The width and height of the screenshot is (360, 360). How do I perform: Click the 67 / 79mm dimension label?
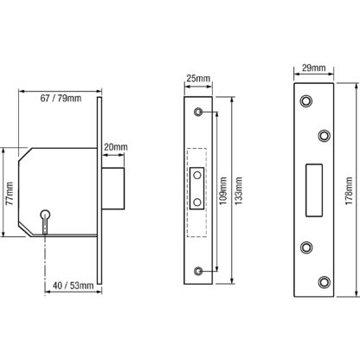tap(61, 99)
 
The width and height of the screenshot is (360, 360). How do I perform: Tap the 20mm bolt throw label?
tap(116, 147)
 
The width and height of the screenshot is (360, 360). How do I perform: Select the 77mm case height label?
tap(10, 193)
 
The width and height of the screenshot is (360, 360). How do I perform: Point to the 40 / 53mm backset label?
tap(74, 286)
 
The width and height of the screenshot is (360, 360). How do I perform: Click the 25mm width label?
tap(198, 78)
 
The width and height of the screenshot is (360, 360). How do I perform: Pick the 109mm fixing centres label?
tap(223, 191)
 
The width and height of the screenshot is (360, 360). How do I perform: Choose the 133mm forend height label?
tap(239, 191)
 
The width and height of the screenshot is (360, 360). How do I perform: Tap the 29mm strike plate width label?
tap(314, 68)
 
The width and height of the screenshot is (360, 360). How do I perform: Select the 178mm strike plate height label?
tap(349, 191)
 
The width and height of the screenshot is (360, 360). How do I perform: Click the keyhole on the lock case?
tap(45, 221)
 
